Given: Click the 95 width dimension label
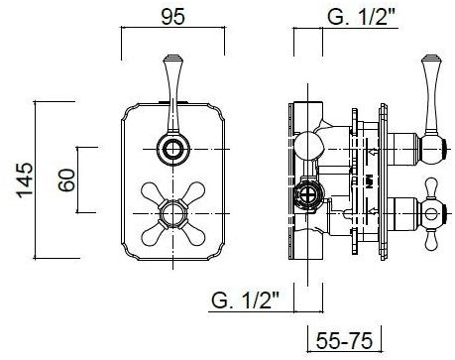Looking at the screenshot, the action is pos(172,17).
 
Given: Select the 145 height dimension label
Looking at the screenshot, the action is pos(25,180).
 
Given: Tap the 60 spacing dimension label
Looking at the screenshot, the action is pos(66,180).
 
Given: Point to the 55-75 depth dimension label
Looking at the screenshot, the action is pos(344,340).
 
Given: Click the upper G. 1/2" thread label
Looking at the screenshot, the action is pos(362,17).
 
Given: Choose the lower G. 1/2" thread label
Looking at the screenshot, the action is pos(246,300).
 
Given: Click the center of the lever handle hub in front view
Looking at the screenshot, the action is pos(172,150).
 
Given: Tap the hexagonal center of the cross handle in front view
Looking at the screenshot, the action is pos(172,213).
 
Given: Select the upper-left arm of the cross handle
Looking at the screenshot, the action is pos(153,193).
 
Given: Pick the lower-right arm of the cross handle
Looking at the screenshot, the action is pos(193,234).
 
